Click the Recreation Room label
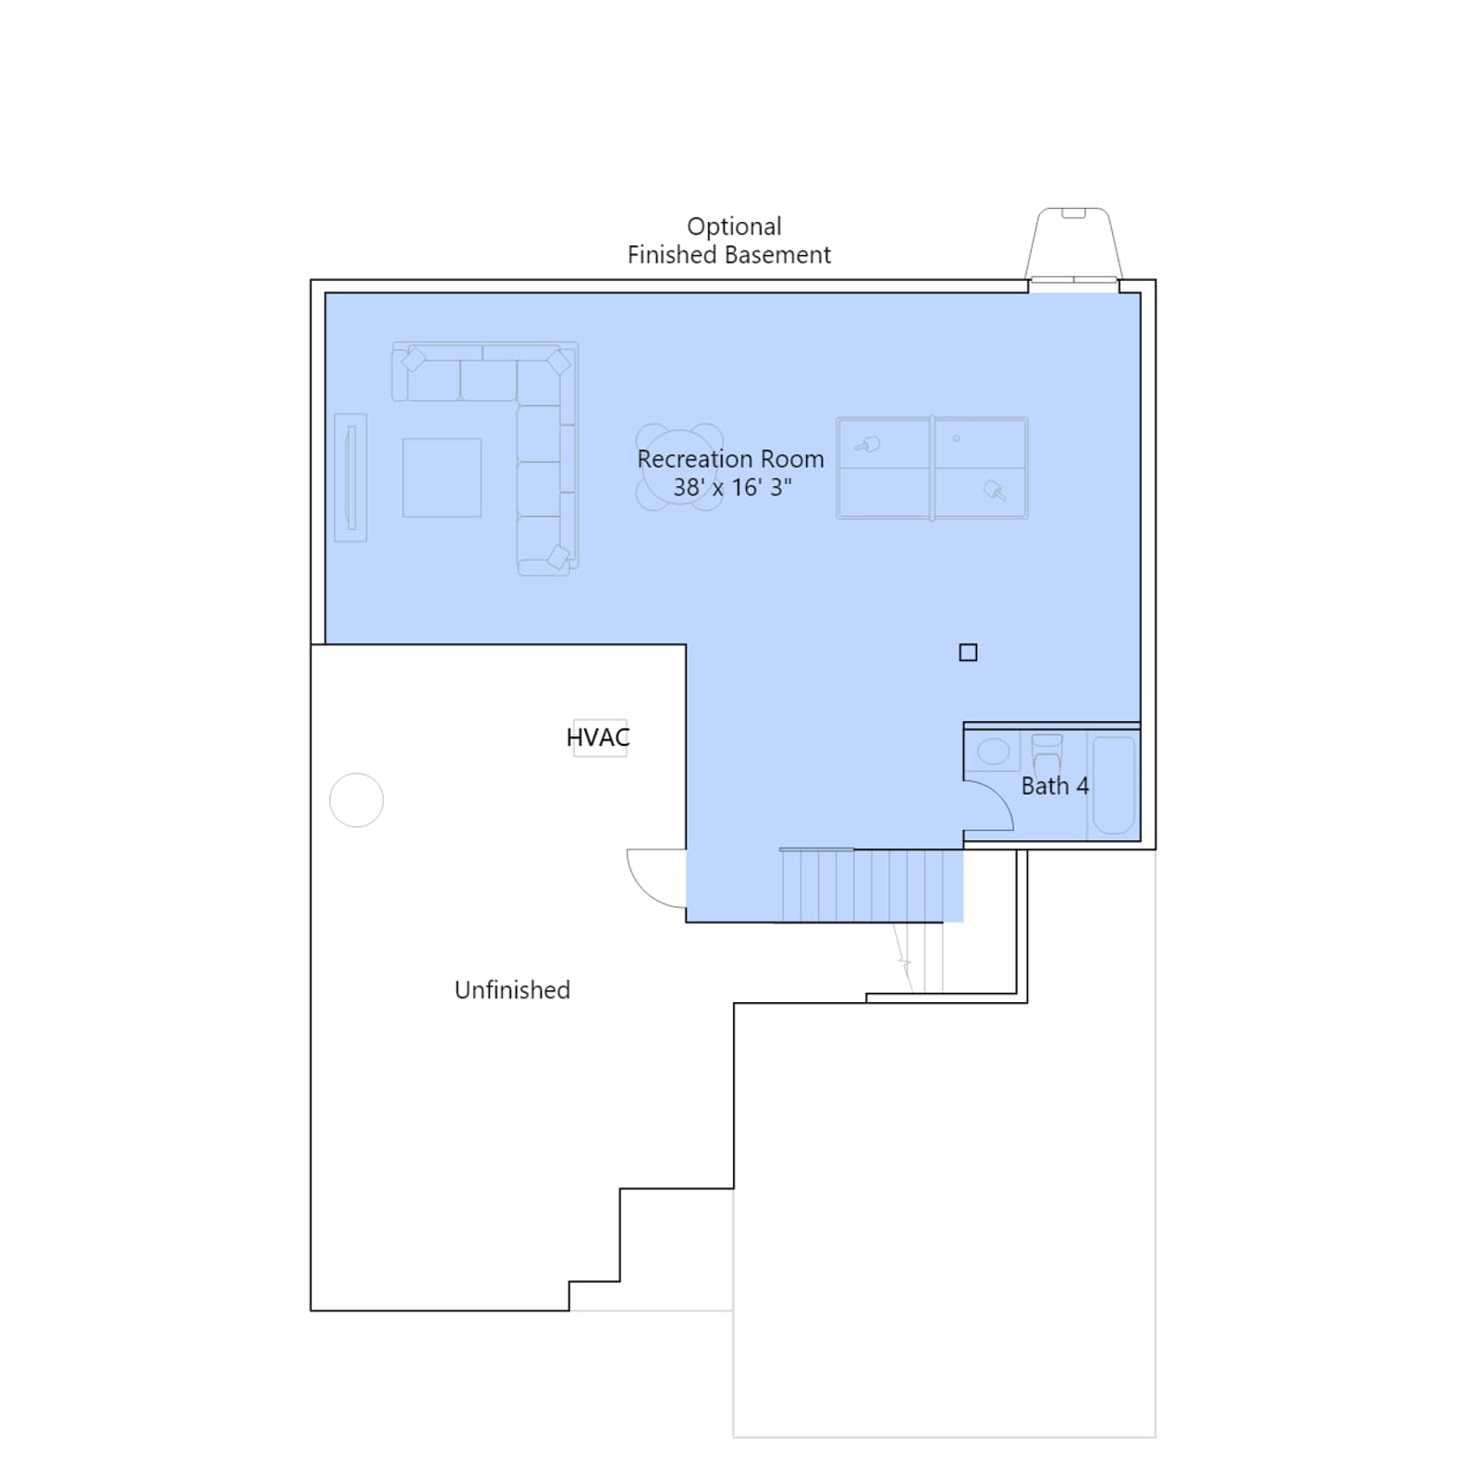730,459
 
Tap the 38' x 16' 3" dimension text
732,487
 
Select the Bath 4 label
1055,786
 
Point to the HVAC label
598,738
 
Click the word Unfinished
512,990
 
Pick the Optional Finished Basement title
729,240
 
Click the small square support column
968,653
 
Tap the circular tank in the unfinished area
357,800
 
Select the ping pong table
932,468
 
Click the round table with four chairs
679,467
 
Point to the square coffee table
442,477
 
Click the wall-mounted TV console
350,477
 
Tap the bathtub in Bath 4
1114,785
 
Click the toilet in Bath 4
1047,754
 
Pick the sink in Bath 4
994,751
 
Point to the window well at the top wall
1073,243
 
